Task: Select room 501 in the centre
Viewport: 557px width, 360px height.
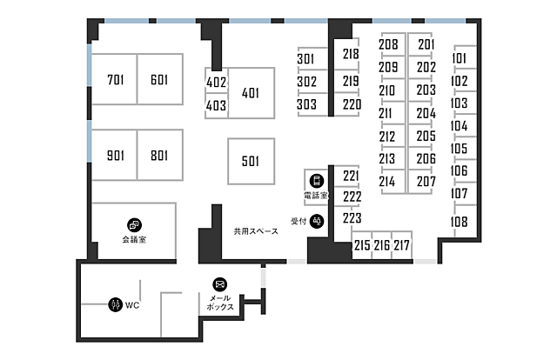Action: (252, 161)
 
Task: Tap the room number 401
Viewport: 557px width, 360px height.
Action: (251, 93)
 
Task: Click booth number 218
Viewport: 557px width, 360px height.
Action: (351, 54)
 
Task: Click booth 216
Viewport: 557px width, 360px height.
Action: (382, 245)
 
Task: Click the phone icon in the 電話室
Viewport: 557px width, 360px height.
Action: (317, 181)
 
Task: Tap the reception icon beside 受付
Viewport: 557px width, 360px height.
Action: (317, 221)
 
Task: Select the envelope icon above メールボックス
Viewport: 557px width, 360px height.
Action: (220, 284)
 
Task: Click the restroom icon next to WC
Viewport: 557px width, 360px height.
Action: (115, 304)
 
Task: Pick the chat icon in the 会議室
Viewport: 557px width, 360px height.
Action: (134, 224)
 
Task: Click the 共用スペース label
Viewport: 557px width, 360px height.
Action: (256, 231)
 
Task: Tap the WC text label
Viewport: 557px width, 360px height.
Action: (132, 305)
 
